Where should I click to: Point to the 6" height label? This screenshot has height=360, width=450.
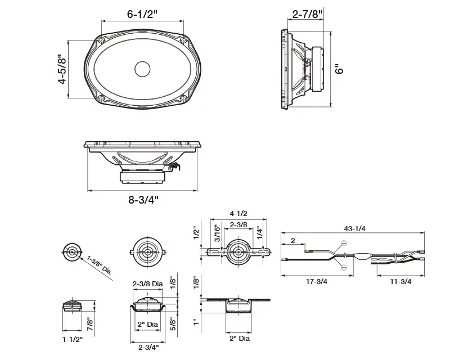point(338,70)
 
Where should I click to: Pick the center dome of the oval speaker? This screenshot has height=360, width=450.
point(142,69)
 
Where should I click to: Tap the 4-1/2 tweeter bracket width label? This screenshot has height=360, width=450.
point(239,214)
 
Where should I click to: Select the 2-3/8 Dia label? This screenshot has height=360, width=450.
point(147,284)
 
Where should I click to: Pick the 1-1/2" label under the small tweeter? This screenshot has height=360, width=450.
point(72,340)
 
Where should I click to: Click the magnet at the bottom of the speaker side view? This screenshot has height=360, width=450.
point(142,177)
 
